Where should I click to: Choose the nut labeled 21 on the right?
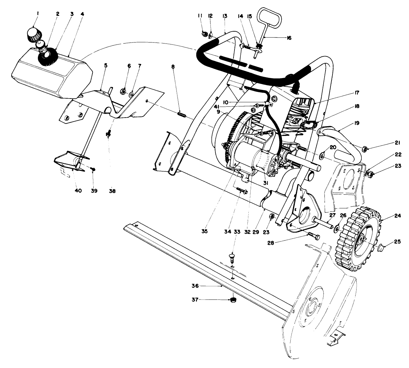(365, 149)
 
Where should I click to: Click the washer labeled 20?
(322, 154)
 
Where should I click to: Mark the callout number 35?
(204, 232)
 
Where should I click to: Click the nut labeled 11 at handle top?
(204, 33)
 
